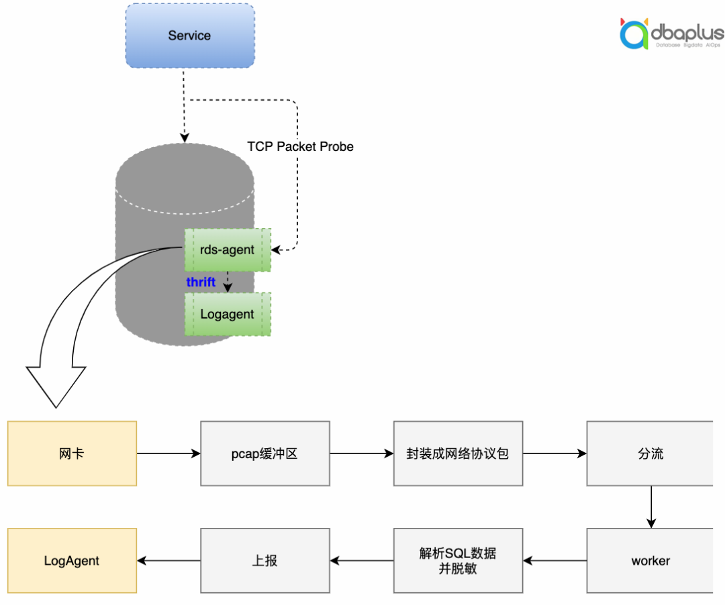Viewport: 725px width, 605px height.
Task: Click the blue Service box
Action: [x=190, y=36]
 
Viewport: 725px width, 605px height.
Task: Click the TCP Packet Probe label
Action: [x=300, y=146]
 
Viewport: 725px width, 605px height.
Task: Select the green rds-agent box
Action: [x=228, y=250]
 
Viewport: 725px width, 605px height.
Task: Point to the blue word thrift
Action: [x=201, y=282]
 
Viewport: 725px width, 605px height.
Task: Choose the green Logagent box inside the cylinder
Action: [x=228, y=314]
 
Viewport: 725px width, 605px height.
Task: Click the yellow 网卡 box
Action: [x=72, y=453]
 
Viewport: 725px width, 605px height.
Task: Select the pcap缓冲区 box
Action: [x=265, y=453]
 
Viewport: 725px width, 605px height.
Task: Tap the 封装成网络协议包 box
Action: [x=458, y=453]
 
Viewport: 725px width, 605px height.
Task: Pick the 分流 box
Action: [x=650, y=453]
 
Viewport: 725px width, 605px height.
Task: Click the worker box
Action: [x=650, y=561]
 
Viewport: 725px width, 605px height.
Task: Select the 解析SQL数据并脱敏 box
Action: [x=458, y=561]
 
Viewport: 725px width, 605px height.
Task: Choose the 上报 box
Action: [x=265, y=561]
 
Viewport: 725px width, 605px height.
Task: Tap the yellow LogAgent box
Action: [x=72, y=561]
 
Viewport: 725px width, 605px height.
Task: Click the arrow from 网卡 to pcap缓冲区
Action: [x=168, y=453]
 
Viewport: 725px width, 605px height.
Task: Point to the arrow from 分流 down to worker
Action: [x=650, y=507]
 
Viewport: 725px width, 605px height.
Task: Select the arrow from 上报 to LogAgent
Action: [x=168, y=561]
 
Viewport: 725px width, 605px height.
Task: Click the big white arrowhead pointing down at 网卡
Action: [x=56, y=386]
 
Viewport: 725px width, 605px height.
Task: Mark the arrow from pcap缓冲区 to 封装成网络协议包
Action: [x=362, y=453]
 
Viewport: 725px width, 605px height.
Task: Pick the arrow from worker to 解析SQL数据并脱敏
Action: [x=554, y=561]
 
